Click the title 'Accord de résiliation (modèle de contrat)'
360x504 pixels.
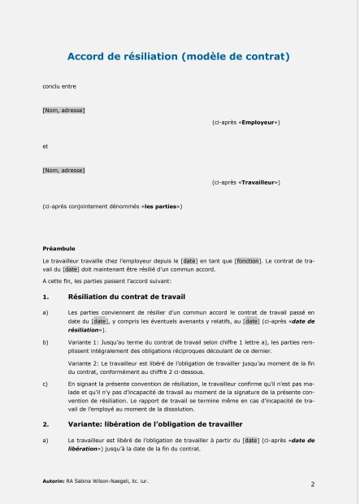178,57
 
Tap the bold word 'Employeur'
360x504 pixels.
259,122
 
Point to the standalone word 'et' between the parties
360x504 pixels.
45,146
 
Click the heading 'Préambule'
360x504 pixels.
59,248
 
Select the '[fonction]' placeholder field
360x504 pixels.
248,260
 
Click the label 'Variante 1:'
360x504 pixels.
85,343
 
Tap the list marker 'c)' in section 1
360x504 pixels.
45,382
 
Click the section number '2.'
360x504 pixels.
46,424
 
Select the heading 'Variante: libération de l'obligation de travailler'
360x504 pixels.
156,424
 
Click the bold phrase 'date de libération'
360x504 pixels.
81,448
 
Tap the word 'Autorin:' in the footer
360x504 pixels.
54,481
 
